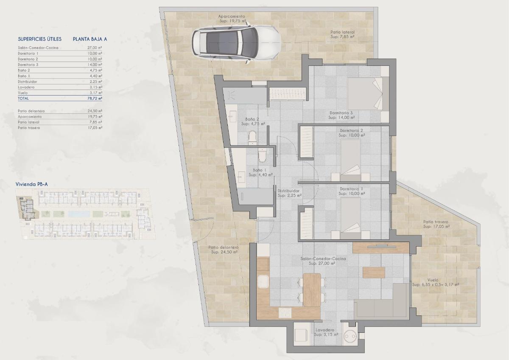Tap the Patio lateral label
(x=342, y=34)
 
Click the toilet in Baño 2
(x=252, y=137)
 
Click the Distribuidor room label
(x=289, y=193)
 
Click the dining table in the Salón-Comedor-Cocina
(x=312, y=289)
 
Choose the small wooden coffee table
(x=374, y=272)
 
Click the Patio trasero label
(x=436, y=224)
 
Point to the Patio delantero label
(x=224, y=250)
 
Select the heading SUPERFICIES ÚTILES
(x=40, y=39)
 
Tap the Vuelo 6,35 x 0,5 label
(x=435, y=282)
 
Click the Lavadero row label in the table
(x=26, y=87)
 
